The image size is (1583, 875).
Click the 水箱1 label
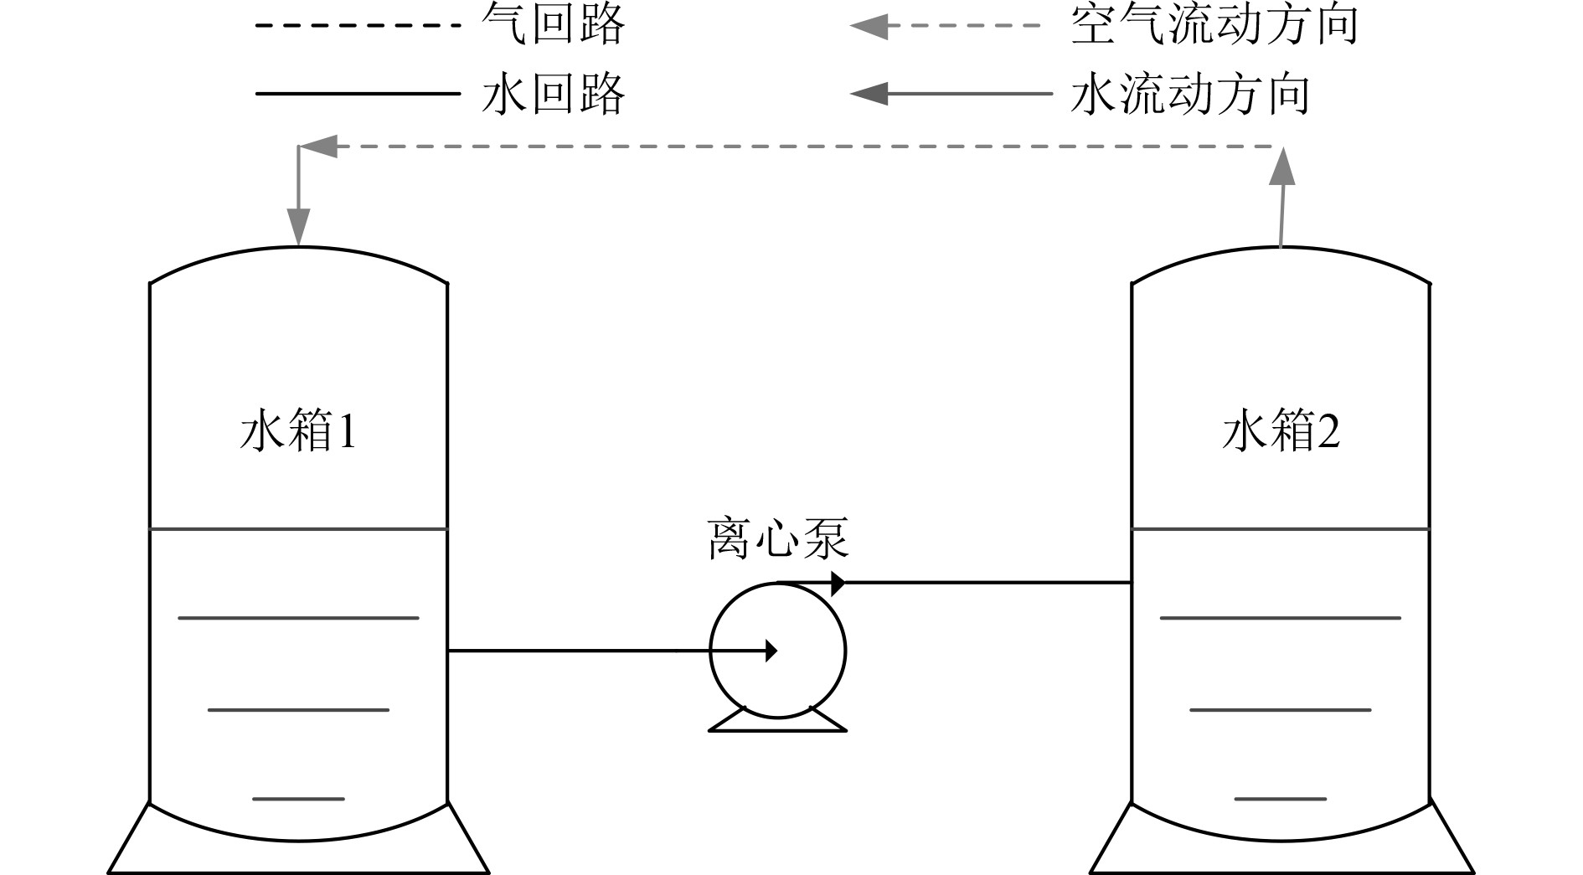tap(299, 432)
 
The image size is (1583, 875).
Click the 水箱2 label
tap(1281, 432)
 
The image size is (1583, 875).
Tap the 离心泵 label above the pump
tap(778, 539)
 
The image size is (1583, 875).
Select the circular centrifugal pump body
tap(778, 678)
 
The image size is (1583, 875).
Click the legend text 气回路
tap(553, 24)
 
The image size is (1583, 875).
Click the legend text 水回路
tap(553, 93)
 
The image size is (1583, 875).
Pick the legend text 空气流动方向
tap(1214, 24)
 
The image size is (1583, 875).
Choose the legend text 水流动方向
tap(1189, 94)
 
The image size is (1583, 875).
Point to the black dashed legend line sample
tap(358, 25)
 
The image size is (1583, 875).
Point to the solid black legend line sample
tap(358, 93)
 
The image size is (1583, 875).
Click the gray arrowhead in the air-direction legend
tap(869, 26)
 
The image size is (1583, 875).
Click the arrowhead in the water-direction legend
tap(869, 93)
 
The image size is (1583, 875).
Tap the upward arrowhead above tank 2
tap(1281, 167)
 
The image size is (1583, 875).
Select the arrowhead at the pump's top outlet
tap(837, 583)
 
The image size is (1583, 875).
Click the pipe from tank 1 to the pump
tap(586, 651)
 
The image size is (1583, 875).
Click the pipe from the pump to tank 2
tap(988, 582)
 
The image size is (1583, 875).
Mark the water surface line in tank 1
tap(299, 529)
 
